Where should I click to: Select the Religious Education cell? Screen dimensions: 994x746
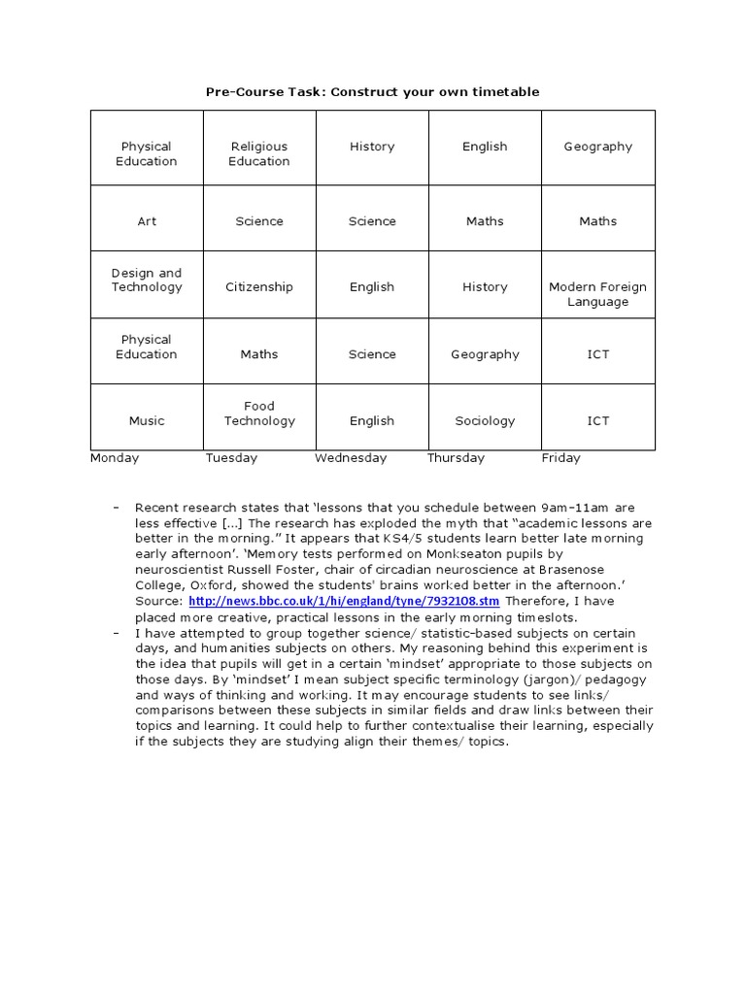coord(259,153)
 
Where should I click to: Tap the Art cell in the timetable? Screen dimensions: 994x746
coord(147,221)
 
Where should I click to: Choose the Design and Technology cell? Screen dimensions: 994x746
coord(147,281)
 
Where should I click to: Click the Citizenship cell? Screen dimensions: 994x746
coord(259,287)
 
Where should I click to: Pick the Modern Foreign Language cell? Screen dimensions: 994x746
coord(597,294)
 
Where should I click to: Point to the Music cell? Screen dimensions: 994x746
coord(147,421)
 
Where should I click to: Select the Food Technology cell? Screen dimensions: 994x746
coord(259,414)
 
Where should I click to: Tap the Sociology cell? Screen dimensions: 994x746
coord(485,421)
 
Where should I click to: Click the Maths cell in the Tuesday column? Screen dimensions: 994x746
coord(259,354)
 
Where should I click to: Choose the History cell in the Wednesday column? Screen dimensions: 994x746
coord(372,147)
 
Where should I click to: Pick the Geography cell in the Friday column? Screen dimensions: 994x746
coord(597,147)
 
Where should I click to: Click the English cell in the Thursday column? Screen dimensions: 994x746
coord(485,147)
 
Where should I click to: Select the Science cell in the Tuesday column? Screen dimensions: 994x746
coord(259,221)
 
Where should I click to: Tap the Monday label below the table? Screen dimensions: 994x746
coord(115,458)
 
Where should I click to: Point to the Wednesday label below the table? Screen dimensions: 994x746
coord(351,458)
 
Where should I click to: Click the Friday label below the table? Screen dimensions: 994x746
coord(560,458)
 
